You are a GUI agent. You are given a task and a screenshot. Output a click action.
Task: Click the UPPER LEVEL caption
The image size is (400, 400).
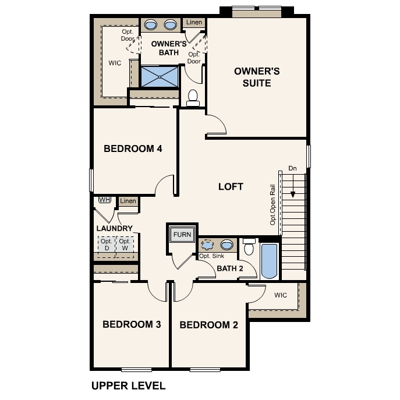[128, 385]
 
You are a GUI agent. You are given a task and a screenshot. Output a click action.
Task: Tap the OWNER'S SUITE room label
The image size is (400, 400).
[257, 77]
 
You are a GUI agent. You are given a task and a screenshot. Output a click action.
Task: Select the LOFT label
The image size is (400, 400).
[231, 187]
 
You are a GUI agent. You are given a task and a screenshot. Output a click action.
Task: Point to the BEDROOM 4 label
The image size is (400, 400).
[133, 148]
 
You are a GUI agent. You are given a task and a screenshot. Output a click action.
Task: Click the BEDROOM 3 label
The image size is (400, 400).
[132, 324]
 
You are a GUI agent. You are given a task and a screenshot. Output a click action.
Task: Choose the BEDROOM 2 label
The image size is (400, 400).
[208, 325]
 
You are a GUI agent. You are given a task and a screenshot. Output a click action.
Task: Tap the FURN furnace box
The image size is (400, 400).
[182, 235]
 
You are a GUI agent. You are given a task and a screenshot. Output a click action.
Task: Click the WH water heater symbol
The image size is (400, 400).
[105, 200]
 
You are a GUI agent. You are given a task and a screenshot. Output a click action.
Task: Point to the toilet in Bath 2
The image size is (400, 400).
[249, 247]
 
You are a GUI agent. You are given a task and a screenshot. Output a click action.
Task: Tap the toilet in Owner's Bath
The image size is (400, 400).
[193, 97]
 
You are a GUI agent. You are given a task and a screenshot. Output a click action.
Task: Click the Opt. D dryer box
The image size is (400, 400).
[107, 245]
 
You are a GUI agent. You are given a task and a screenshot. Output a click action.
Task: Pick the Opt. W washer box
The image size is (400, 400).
[125, 245]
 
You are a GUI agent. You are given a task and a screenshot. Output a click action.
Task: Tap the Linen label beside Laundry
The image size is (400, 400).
[128, 201]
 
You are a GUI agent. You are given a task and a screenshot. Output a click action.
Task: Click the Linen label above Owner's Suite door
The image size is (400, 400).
[194, 23]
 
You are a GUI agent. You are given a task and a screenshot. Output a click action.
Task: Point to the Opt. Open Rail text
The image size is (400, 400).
[272, 204]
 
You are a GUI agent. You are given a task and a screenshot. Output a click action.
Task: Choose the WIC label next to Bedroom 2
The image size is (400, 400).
[281, 295]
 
